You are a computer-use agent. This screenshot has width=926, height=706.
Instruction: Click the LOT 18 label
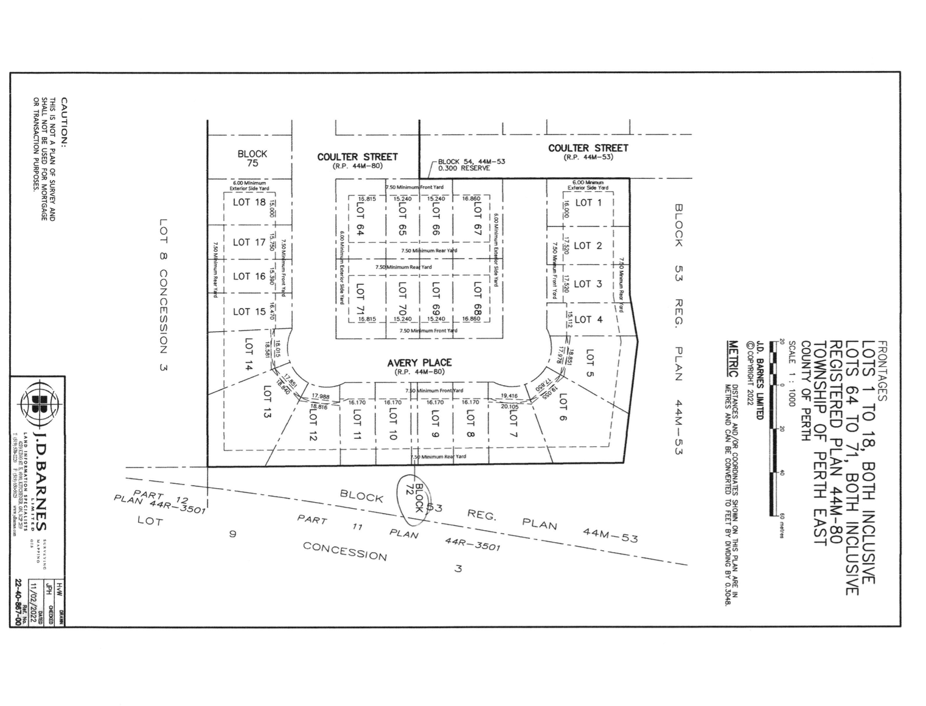click(249, 203)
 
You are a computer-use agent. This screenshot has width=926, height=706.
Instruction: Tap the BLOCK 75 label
click(252, 158)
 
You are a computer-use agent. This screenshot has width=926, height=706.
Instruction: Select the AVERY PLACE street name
click(419, 363)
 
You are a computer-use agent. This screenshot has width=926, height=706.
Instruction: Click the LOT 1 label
click(588, 203)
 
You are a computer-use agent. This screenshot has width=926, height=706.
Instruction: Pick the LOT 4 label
click(588, 319)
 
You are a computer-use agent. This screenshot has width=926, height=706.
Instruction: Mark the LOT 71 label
click(360, 298)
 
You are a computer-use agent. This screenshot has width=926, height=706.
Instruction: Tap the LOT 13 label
click(266, 401)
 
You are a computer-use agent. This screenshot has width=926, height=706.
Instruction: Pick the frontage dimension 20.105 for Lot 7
click(509, 407)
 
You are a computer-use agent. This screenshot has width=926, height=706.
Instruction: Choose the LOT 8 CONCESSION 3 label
click(163, 295)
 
